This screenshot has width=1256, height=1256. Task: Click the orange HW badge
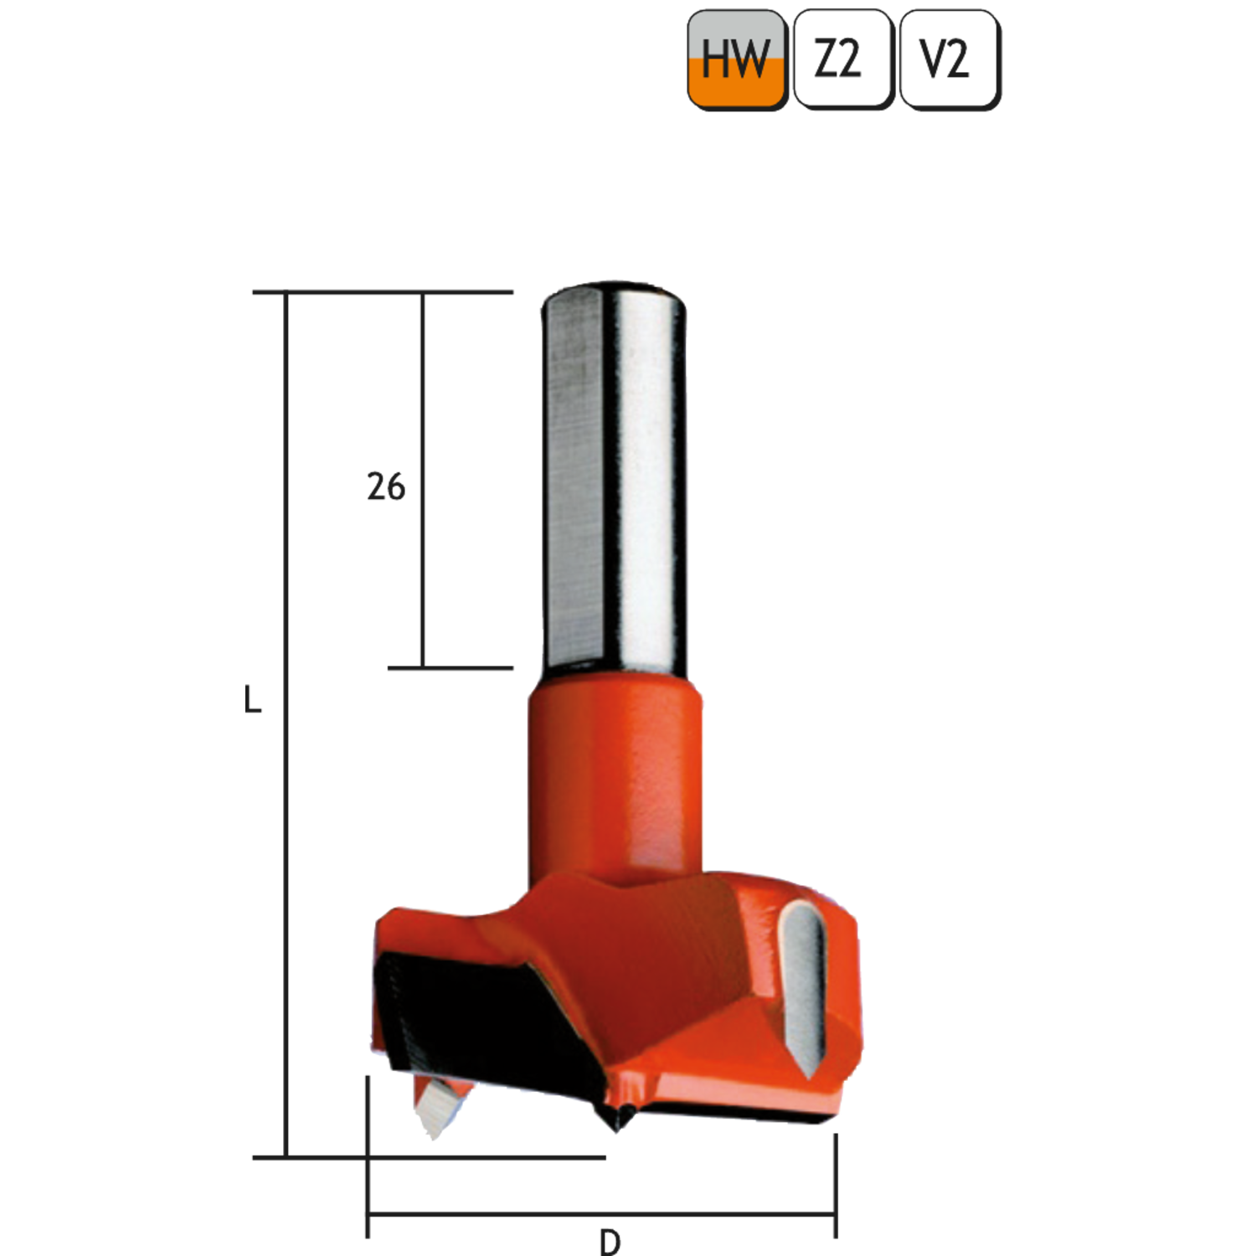click(737, 59)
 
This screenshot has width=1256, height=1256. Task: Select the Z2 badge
click(843, 59)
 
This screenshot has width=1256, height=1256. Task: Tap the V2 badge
click(950, 59)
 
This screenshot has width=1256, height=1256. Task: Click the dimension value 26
click(386, 486)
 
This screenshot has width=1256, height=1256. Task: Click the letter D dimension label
click(610, 1242)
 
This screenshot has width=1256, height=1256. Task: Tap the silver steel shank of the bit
click(614, 477)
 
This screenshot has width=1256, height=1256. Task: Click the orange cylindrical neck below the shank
click(615, 779)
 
